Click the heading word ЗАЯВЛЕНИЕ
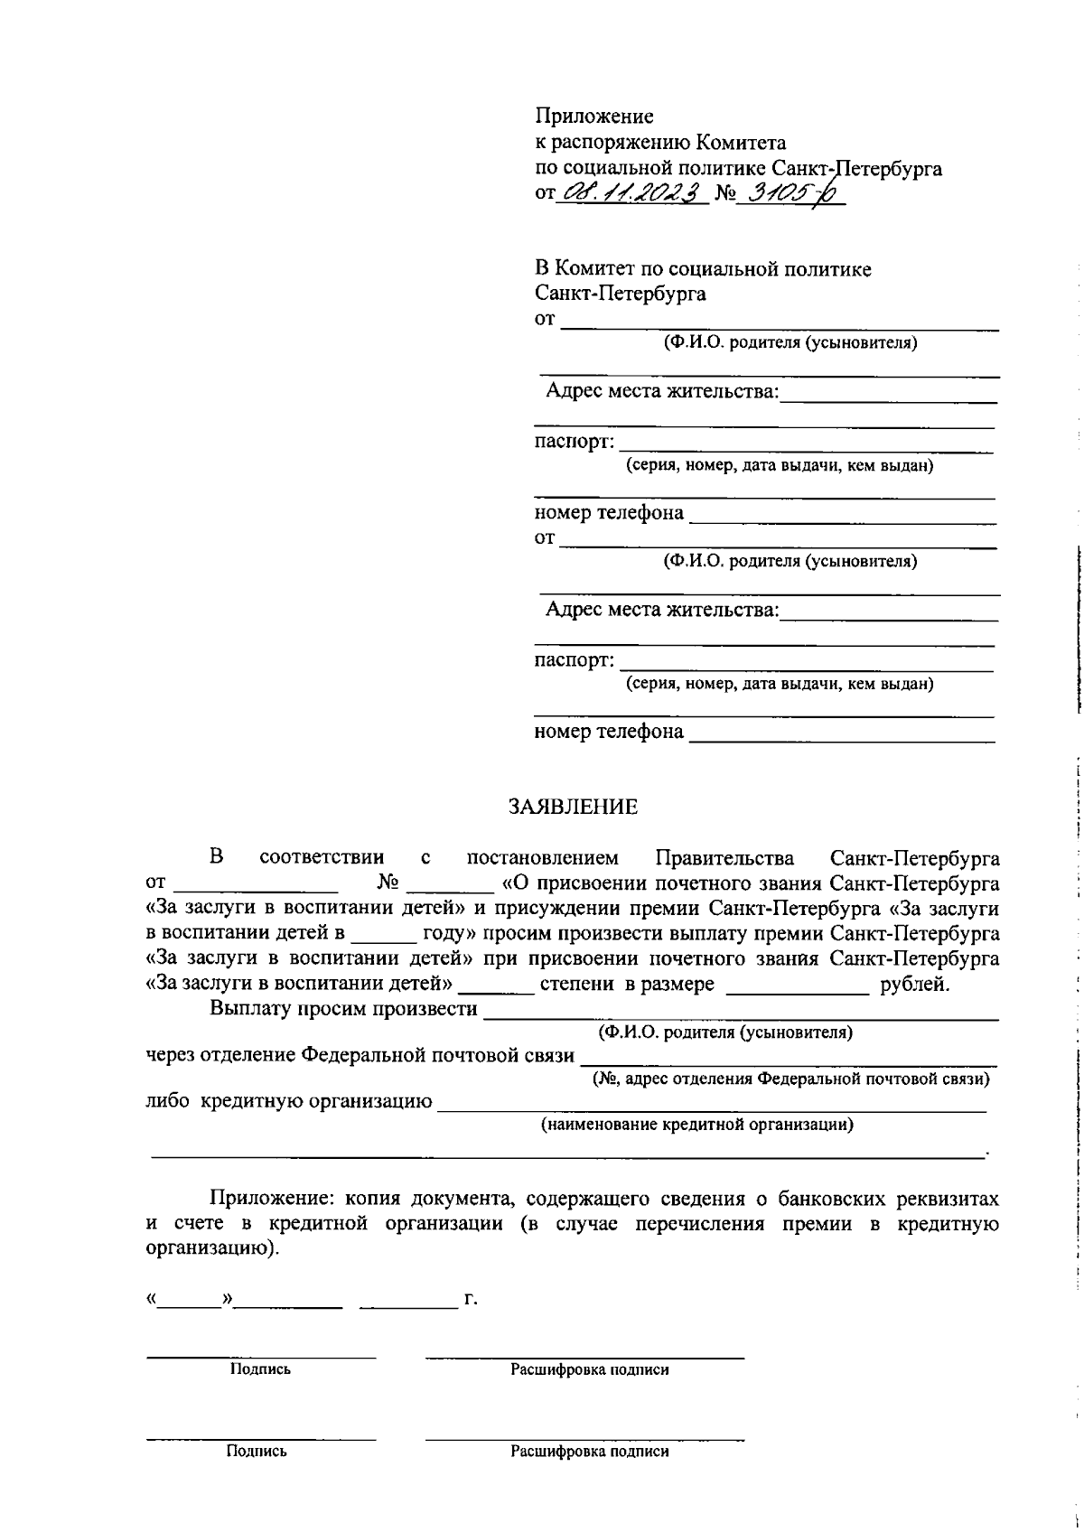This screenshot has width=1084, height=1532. [x=573, y=808]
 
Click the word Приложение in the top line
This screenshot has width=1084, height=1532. [x=593, y=117]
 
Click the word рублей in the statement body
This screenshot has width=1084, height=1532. [x=914, y=985]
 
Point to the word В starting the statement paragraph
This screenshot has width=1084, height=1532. [x=216, y=856]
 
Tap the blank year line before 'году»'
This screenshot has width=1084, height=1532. [x=384, y=938]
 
